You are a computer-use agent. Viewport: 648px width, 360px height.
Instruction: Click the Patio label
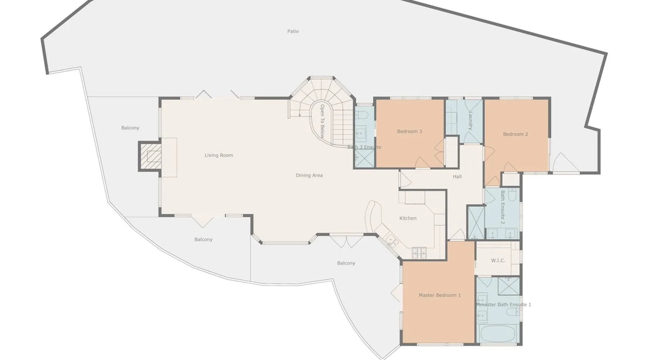(293, 31)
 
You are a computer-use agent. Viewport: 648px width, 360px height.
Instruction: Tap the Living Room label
(219, 155)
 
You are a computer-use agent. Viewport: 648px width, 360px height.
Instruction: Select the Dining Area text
(309, 175)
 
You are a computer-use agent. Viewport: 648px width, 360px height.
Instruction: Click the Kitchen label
(408, 218)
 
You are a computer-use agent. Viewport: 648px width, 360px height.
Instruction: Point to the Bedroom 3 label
(410, 131)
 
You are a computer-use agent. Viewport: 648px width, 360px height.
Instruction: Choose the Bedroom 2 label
(516, 134)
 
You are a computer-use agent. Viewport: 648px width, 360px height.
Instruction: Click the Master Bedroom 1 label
(440, 295)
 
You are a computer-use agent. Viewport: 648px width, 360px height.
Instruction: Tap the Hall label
(457, 176)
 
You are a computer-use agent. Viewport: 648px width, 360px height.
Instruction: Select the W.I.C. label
(498, 260)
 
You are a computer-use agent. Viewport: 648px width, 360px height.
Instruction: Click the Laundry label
(471, 120)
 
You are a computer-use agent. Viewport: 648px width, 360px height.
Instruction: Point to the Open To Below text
(322, 122)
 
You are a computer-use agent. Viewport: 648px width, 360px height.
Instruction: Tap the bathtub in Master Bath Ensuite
(498, 334)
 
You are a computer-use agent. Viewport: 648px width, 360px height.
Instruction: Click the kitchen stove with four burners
(419, 253)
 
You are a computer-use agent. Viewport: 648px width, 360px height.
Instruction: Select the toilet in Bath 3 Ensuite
(361, 115)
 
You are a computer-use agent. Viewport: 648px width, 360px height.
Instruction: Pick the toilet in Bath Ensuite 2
(512, 194)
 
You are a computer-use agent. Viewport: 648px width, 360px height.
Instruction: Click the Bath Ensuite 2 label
(503, 207)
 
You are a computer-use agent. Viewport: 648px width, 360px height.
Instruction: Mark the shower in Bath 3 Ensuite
(365, 158)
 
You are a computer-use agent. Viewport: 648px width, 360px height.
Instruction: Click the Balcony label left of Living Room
(130, 128)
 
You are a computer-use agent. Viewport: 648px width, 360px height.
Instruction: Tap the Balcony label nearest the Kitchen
(346, 263)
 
